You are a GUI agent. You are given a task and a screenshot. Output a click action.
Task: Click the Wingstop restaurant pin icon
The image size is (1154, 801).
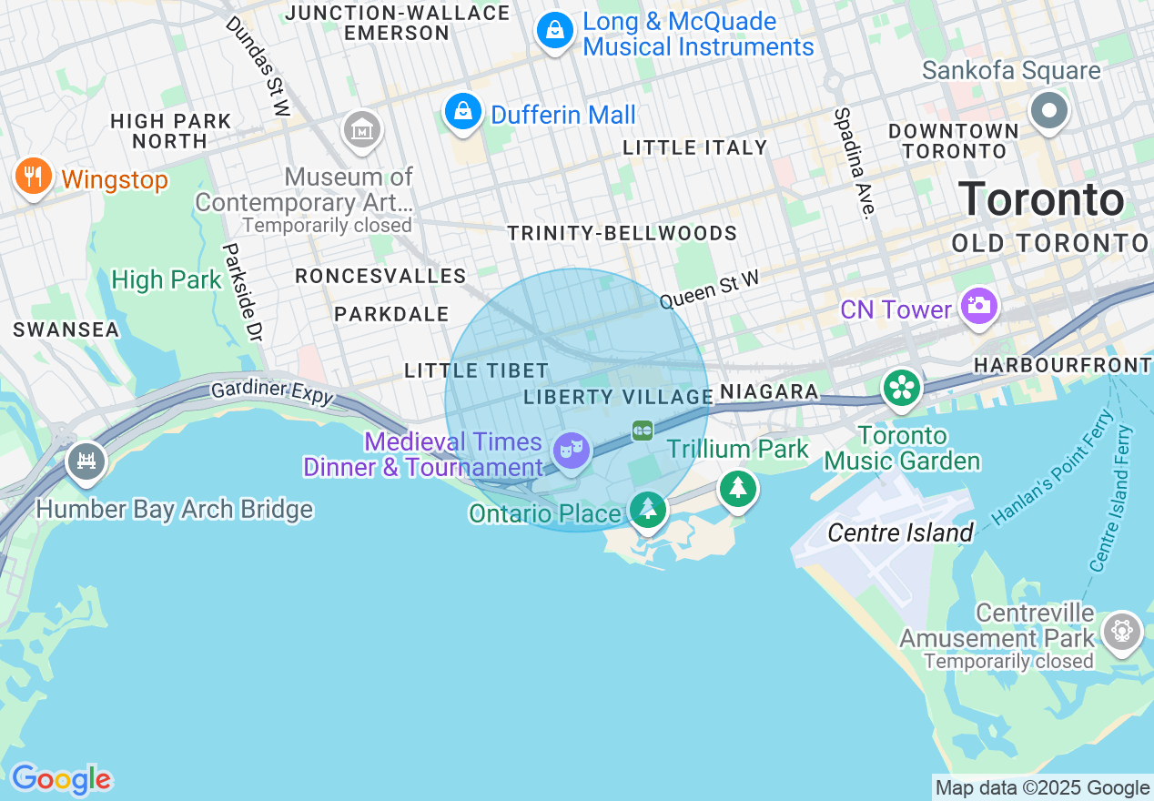pos(34,175)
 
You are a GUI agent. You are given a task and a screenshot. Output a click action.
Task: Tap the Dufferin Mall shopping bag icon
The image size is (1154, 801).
pos(463,111)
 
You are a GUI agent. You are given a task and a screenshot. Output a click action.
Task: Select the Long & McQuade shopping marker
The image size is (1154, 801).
pos(554,32)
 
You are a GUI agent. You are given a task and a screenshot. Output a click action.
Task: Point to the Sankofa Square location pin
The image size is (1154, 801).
pos(1048,111)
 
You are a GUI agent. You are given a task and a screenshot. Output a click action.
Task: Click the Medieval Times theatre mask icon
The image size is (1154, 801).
pos(572,450)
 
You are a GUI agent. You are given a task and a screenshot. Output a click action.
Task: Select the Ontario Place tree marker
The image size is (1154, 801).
pos(647,508)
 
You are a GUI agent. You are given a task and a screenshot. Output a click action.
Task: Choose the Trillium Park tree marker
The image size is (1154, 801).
pos(738,489)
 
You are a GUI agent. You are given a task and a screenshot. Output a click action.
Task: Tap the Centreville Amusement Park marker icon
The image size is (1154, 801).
pos(1121,630)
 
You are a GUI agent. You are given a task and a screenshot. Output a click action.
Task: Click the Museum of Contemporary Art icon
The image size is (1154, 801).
pos(362,130)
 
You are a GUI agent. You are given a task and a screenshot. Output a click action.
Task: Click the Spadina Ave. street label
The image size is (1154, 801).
pos(854,164)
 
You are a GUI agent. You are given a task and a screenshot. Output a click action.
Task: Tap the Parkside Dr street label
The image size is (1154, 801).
pos(243,292)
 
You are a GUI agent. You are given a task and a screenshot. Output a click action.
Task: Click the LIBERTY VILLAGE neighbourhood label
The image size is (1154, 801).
pos(619,397)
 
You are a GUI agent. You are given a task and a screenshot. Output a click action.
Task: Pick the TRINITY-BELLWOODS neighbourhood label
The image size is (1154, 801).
pos(622,233)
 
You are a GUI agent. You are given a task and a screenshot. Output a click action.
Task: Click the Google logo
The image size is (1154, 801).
pos(61,779)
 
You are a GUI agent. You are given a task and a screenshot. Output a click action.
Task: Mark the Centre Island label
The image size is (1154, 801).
pos(900,532)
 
